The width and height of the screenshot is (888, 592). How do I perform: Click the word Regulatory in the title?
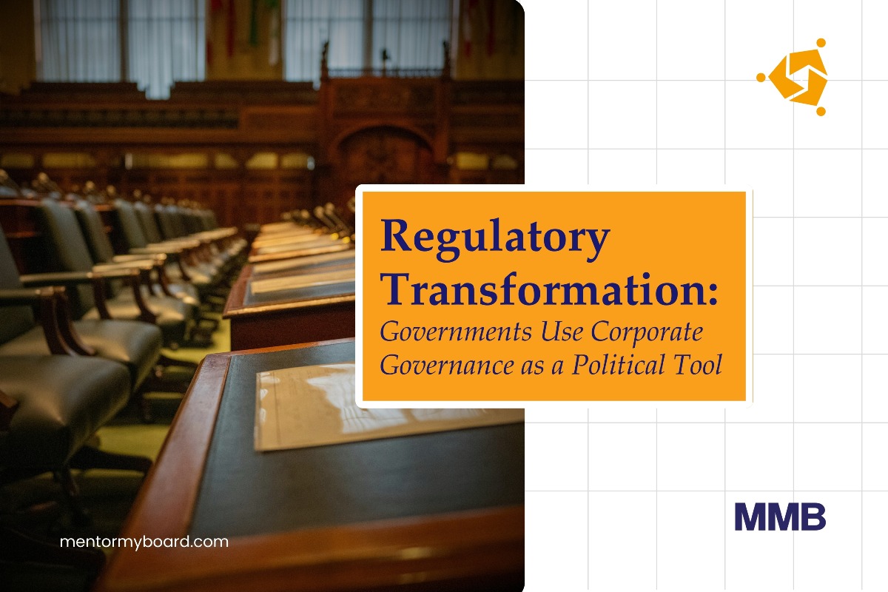[495, 239]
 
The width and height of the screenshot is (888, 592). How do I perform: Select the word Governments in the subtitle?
[456, 332]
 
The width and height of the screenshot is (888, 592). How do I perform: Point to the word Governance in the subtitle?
[447, 365]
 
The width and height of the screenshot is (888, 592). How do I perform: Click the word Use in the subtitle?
[562, 332]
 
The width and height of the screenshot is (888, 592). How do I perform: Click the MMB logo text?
[780, 517]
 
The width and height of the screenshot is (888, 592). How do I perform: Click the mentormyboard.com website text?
[144, 542]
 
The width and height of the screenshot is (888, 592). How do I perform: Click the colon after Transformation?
[713, 295]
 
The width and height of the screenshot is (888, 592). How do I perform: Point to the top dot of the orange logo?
[821, 43]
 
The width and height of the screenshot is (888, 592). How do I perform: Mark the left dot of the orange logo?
[761, 77]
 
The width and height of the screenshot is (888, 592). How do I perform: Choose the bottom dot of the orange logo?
[821, 112]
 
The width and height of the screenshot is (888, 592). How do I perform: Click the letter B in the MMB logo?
[811, 517]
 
